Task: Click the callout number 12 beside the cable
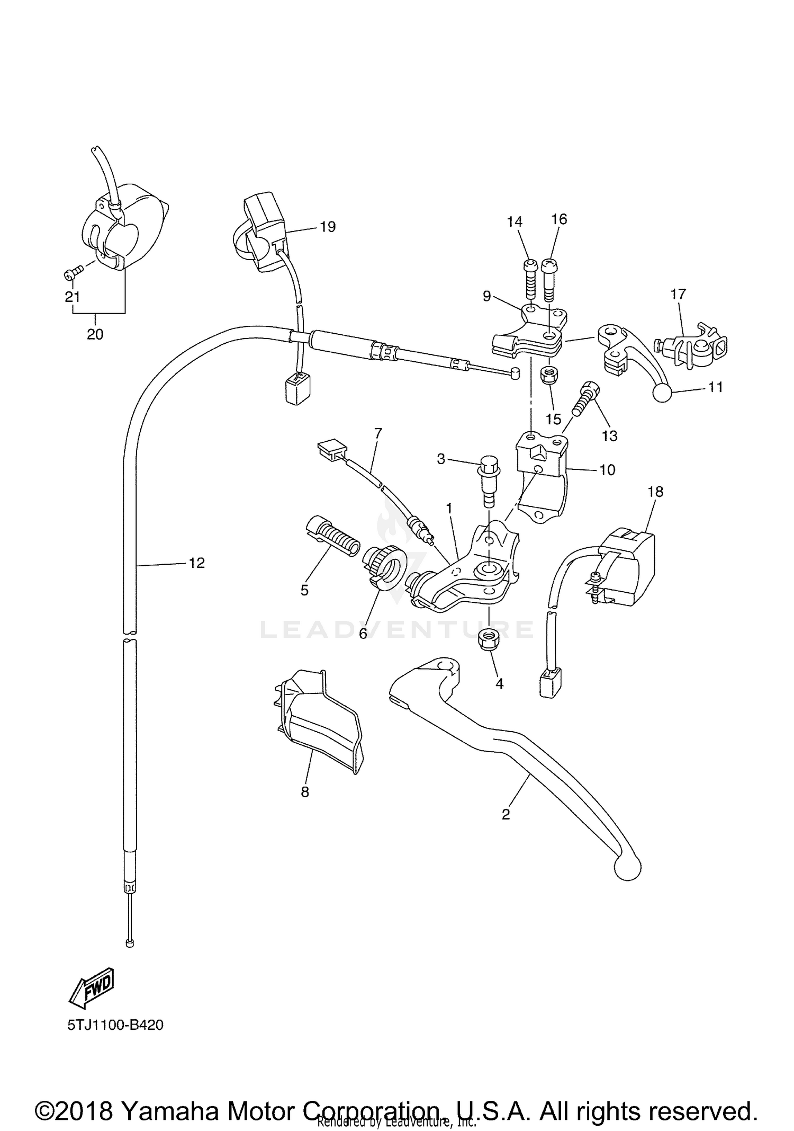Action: (x=196, y=563)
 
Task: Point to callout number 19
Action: (x=328, y=227)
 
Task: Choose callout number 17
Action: (x=678, y=294)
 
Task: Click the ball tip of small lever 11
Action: (x=663, y=393)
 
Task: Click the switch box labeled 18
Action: (x=630, y=566)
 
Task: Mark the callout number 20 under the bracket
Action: (x=95, y=334)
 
